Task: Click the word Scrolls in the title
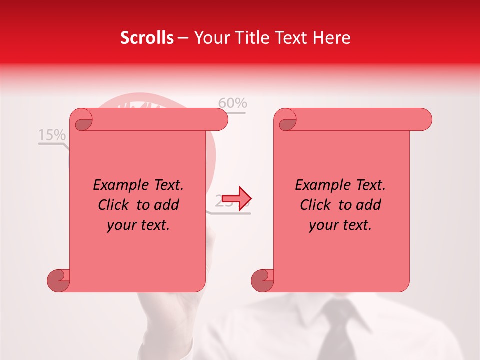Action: pos(147,38)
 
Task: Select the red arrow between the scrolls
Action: pos(236,198)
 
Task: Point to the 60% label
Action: pos(233,103)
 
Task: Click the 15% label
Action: pos(52,135)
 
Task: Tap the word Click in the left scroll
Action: pos(115,205)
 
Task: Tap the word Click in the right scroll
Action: pos(317,205)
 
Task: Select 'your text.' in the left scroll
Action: pos(138,225)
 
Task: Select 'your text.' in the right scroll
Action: pos(340,225)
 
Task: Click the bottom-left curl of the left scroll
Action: pos(58,280)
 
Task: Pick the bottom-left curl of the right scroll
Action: pos(262,280)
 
